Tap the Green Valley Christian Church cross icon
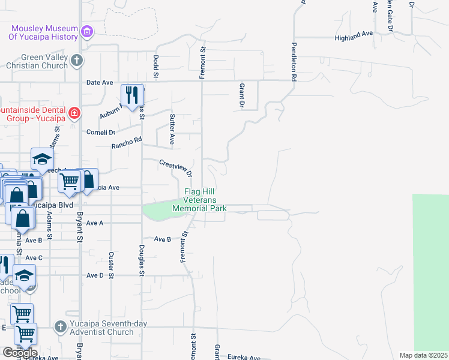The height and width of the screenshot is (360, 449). (x=76, y=60)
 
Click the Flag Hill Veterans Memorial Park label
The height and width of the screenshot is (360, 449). (x=199, y=200)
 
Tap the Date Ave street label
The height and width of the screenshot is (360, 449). (x=100, y=82)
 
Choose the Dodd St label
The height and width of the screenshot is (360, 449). (x=155, y=67)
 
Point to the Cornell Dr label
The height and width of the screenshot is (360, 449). (x=100, y=132)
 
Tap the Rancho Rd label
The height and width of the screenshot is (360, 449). (x=126, y=143)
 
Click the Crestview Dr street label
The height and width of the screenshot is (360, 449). (x=175, y=167)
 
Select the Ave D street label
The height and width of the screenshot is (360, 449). (x=95, y=275)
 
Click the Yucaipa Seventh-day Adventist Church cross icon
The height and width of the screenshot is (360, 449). (x=59, y=327)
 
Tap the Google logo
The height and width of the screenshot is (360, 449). (x=19, y=353)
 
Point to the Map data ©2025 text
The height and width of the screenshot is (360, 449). (x=423, y=355)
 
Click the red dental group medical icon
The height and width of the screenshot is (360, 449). (x=74, y=112)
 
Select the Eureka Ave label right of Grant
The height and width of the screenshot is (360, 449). (x=244, y=358)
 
